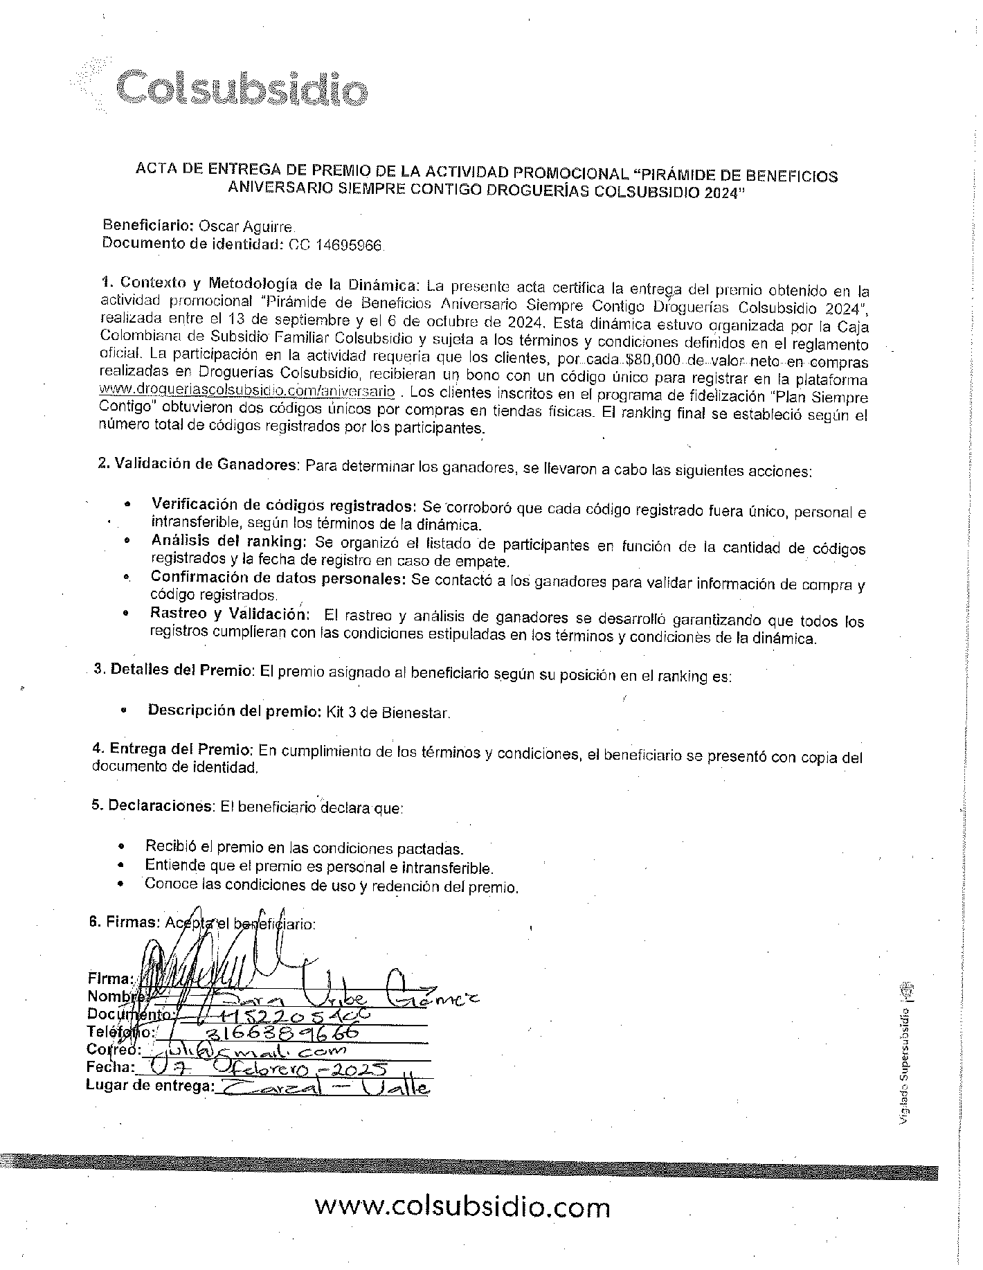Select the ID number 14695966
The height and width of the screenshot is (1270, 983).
click(x=350, y=244)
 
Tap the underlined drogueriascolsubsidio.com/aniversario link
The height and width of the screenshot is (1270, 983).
click(x=247, y=392)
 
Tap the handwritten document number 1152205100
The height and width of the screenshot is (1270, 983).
click(x=291, y=1014)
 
